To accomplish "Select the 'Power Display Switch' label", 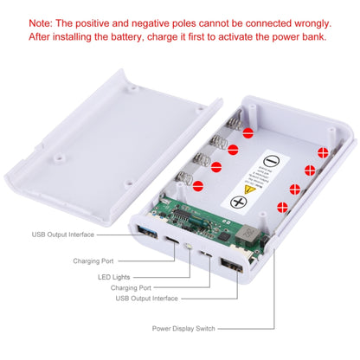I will pos(183,329).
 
